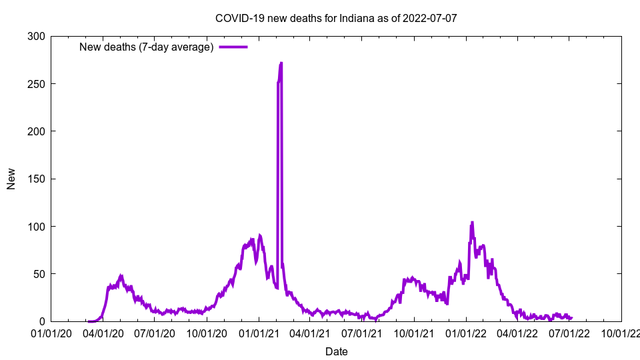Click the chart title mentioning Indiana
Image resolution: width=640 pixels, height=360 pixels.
click(x=336, y=18)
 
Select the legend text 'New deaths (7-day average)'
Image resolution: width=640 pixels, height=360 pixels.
click(x=146, y=47)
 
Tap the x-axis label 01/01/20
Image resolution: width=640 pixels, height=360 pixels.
click(x=51, y=333)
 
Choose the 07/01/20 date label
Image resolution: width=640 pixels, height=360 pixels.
click(x=154, y=333)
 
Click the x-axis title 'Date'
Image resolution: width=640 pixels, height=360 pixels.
click(x=336, y=351)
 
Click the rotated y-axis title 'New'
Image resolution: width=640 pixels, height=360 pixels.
click(x=11, y=179)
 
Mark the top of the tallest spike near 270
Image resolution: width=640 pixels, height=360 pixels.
click(x=281, y=63)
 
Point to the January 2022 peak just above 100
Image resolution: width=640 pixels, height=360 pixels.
click(x=472, y=223)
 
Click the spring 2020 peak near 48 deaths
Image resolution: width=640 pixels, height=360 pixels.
click(x=121, y=275)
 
